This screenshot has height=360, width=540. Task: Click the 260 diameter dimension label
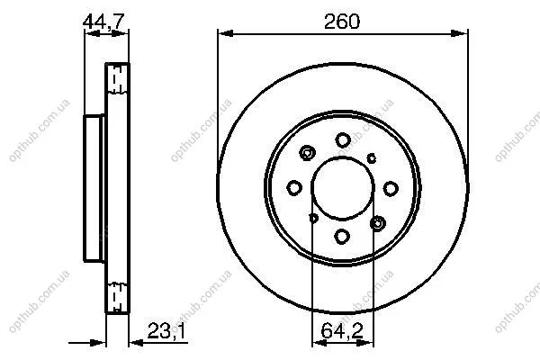[342, 22]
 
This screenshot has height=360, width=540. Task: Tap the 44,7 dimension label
[103, 22]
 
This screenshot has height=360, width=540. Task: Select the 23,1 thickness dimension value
[166, 331]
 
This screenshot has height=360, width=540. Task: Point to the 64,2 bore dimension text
[342, 331]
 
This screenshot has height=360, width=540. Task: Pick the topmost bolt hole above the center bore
[343, 139]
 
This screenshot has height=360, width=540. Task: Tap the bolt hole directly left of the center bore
[294, 188]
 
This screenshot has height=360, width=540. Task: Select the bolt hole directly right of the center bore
[391, 188]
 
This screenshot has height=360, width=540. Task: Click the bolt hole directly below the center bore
[342, 237]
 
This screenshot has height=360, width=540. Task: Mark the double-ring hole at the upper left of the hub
[307, 153]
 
